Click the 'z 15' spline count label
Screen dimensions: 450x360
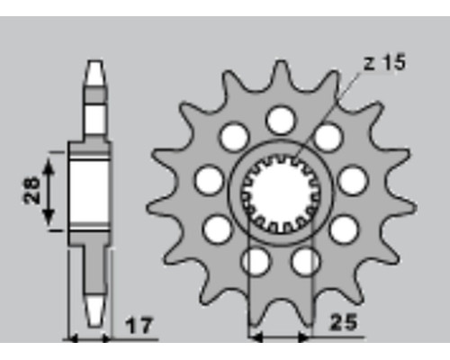click(384, 62)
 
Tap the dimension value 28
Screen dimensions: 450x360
click(31, 191)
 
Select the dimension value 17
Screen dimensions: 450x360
click(139, 326)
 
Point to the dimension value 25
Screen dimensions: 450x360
click(344, 322)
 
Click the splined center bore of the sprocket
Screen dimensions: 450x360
click(281, 194)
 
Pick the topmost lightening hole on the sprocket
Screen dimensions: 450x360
click(281, 120)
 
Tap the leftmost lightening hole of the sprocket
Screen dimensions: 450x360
click(209, 181)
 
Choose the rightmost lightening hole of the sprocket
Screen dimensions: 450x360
click(353, 181)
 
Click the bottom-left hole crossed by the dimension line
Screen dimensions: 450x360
click(256, 261)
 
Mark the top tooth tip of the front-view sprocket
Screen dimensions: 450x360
click(281, 62)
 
